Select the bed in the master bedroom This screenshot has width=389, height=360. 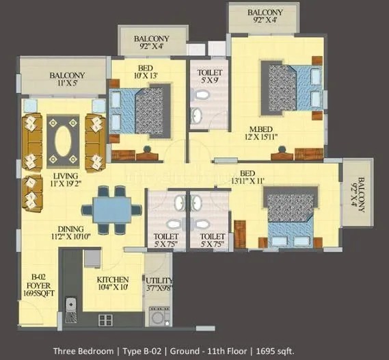point(291,88)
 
